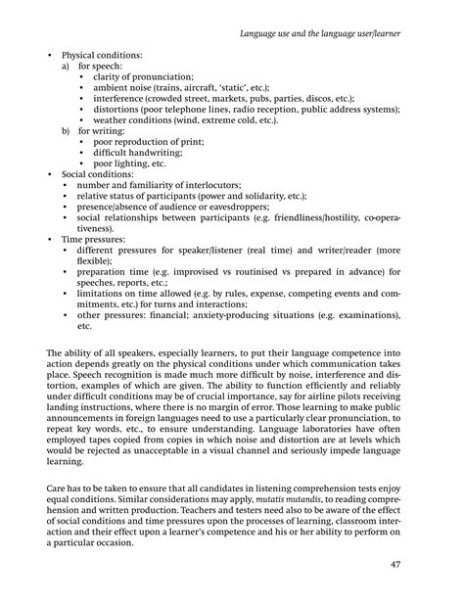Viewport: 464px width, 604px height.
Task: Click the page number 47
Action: pyautogui.click(x=423, y=564)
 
